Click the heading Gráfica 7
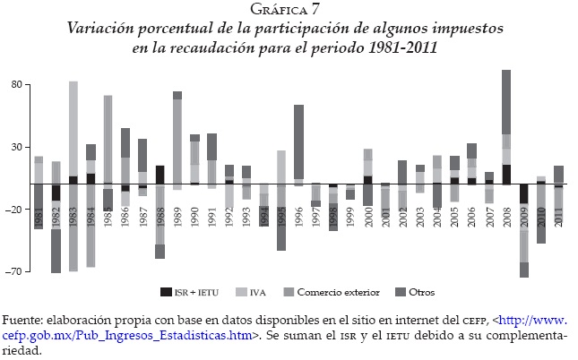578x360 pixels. coord(289,11)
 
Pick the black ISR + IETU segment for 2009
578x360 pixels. coord(524,194)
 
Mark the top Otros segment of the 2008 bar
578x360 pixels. coord(506,102)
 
